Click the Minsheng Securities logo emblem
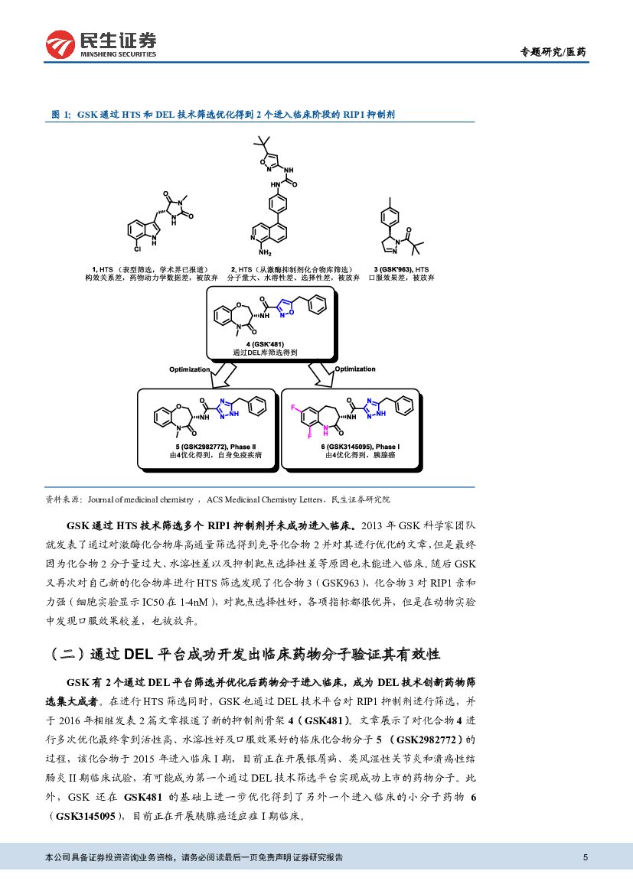(62, 44)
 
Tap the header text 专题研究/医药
(553, 52)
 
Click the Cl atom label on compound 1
(138, 250)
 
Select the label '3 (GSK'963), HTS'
(401, 270)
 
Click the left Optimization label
(189, 369)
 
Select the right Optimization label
(355, 369)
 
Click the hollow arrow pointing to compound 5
(222, 373)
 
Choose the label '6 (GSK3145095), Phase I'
(360, 446)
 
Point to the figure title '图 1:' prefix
(61, 114)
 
